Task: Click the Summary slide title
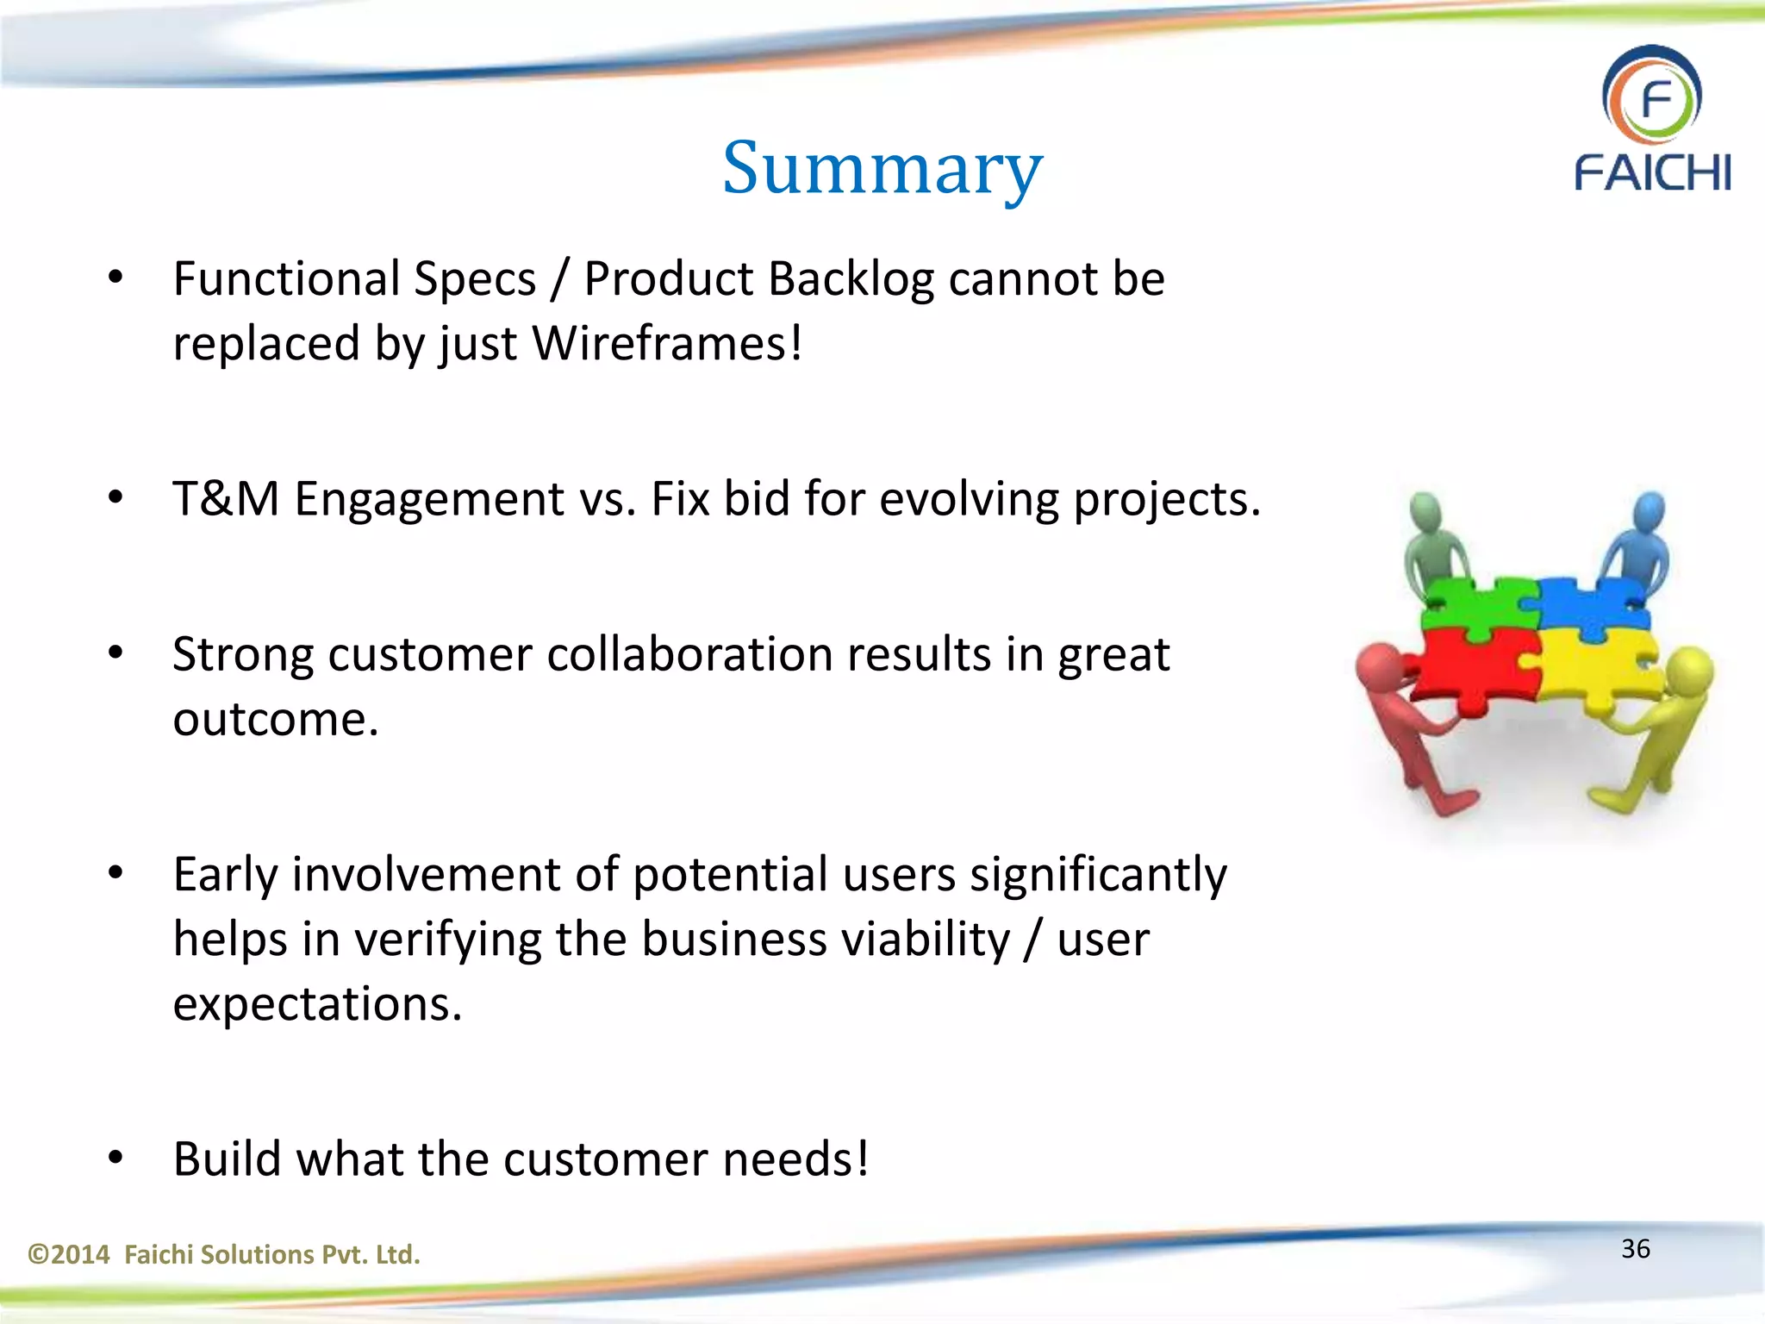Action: point(882,169)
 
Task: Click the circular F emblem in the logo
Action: point(1651,97)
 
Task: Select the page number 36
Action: point(1635,1249)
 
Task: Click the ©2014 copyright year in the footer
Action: point(69,1254)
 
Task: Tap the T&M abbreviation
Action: point(226,499)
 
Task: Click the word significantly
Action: point(1098,875)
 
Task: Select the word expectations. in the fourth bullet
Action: point(317,1004)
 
